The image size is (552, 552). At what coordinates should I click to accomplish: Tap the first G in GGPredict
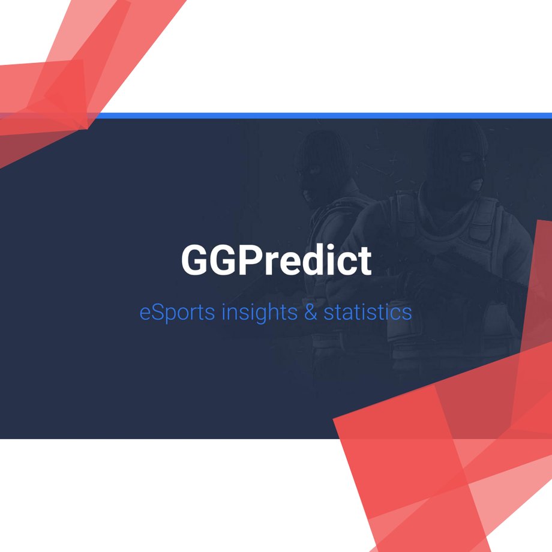point(194,260)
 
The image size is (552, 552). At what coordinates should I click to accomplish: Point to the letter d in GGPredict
point(313,259)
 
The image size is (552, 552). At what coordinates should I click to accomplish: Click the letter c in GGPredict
point(349,264)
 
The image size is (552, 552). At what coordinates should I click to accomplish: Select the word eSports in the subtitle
point(177,312)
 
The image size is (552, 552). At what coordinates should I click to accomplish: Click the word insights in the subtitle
point(259,312)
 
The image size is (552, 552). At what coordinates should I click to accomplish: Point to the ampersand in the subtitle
point(311,312)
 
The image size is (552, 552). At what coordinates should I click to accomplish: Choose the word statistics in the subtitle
point(368,311)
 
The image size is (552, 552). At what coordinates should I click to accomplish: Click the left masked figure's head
point(322,166)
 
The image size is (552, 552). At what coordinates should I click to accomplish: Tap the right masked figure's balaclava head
point(456,158)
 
